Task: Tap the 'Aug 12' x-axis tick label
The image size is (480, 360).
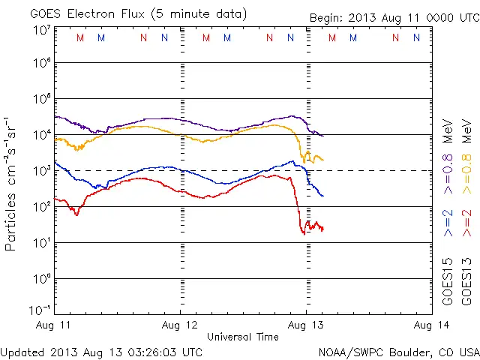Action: coord(180,325)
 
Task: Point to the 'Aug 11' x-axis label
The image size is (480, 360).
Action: coord(55,325)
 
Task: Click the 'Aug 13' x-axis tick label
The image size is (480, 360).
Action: coord(305,325)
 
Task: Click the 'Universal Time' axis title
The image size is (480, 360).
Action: coord(243,337)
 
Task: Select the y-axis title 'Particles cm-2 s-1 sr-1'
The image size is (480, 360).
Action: coord(14,183)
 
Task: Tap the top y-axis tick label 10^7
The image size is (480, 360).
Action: coord(40,30)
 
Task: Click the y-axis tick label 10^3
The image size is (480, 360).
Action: coord(40,170)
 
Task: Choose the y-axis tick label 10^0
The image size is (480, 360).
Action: coord(40,279)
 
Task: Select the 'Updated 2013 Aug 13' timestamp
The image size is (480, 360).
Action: coord(101,351)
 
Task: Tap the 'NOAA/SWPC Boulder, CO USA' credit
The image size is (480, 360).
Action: coord(398,351)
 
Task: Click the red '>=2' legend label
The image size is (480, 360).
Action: coord(466,223)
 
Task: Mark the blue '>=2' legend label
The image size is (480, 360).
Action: coord(448,223)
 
